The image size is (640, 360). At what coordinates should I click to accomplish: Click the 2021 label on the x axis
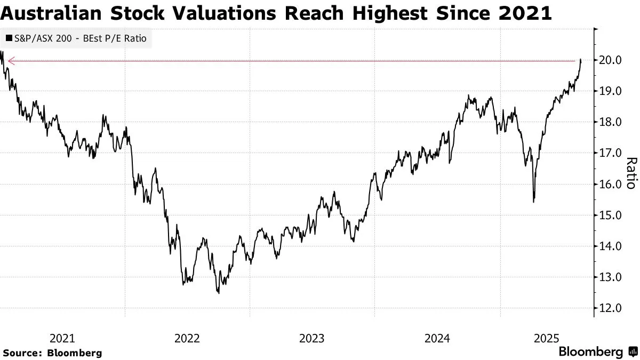point(62,338)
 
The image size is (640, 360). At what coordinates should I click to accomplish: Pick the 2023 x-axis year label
point(312,338)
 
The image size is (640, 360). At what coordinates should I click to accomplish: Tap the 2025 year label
point(546,338)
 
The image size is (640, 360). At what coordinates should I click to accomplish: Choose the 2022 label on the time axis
point(187,338)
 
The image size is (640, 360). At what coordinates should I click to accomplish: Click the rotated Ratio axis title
point(630,173)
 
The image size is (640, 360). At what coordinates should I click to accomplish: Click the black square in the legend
point(9,38)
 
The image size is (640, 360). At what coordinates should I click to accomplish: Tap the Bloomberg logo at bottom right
point(597,352)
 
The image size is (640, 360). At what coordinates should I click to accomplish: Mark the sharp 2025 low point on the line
point(533,202)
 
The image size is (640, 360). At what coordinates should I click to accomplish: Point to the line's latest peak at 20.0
point(580,60)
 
